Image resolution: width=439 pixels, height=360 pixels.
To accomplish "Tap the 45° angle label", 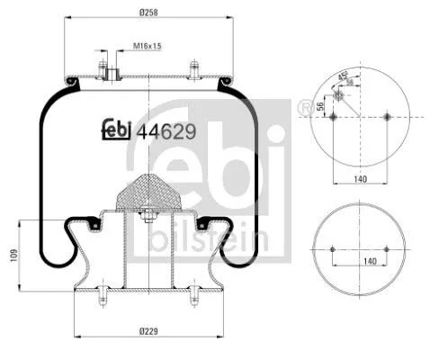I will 343,76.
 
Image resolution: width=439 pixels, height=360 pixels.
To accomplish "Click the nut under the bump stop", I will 147,216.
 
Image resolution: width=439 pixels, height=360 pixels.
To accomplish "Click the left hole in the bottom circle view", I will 332,249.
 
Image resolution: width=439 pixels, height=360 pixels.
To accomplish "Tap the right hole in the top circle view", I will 388,116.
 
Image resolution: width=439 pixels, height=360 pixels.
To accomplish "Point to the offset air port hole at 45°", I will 339,96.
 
